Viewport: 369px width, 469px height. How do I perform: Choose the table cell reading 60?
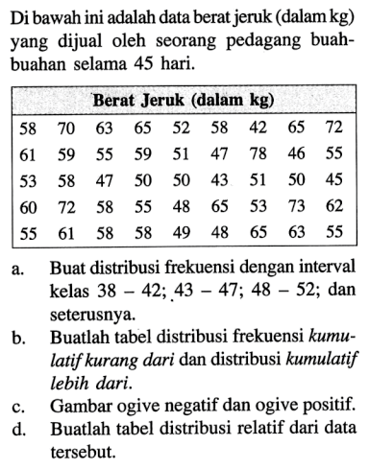[29, 204]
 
